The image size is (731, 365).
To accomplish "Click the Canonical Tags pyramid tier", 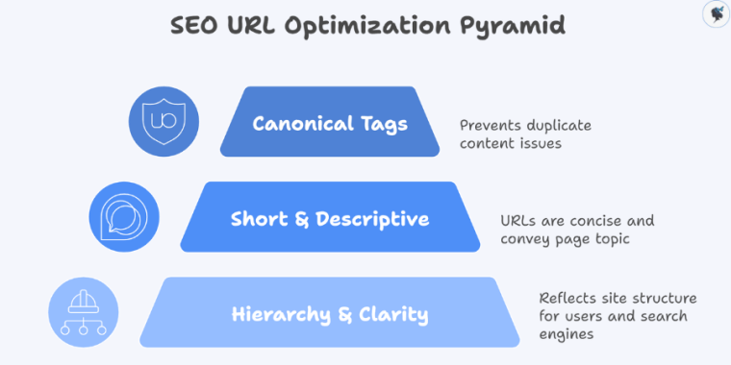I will (330, 123).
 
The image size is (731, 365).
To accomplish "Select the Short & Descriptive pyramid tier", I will (330, 218).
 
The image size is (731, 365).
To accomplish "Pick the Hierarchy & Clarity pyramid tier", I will (330, 314).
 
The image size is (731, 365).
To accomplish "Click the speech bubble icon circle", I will (123, 217).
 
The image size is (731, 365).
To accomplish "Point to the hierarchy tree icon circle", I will (84, 312).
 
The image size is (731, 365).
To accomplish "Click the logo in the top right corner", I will (713, 14).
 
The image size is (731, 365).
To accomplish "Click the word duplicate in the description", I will (558, 125).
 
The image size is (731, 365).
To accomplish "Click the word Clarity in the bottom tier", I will (394, 314).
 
